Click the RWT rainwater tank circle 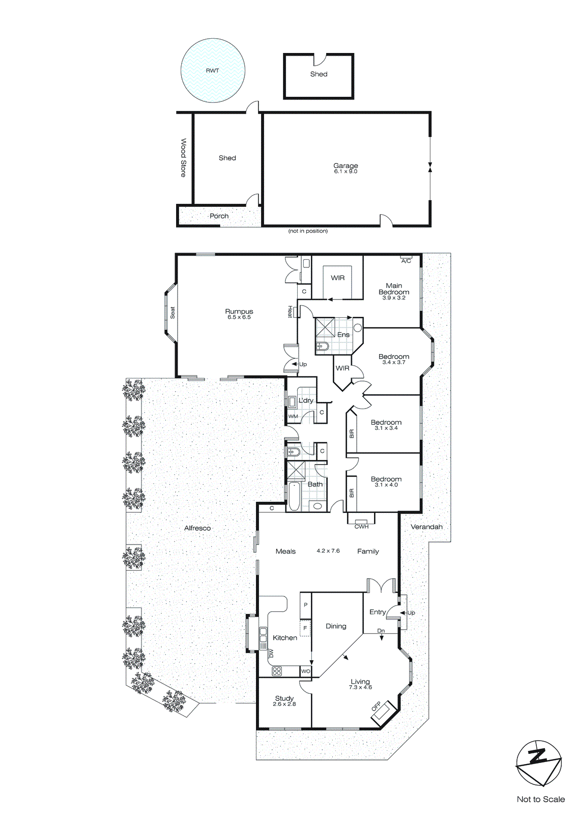213,70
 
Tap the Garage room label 345,166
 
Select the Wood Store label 183,157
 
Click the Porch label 219,216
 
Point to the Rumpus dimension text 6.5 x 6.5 239,317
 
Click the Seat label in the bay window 172,313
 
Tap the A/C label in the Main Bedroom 406,261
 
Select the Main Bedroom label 394,289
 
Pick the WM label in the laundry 293,416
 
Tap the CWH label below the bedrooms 361,527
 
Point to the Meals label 285,551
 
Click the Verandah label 426,527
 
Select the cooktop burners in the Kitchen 276,671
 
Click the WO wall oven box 305,671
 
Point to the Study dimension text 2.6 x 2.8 284,704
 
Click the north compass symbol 538,763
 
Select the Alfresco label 197,528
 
